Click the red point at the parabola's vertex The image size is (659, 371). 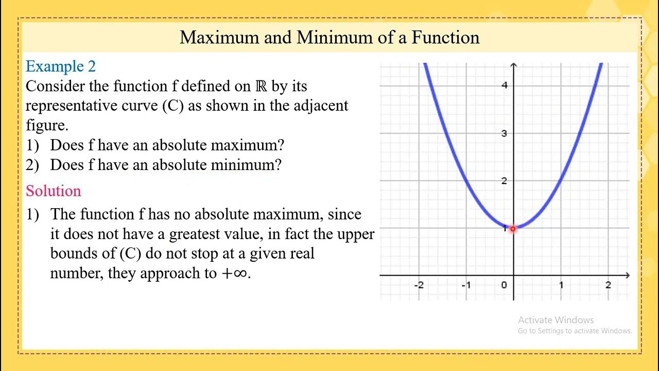click(513, 228)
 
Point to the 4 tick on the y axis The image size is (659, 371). click(505, 85)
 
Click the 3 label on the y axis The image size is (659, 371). click(505, 133)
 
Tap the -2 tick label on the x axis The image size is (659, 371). click(419, 285)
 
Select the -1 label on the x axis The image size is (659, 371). click(466, 285)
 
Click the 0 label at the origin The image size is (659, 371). click(504, 285)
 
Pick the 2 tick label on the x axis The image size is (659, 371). click(608, 285)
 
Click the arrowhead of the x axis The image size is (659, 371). click(626, 275)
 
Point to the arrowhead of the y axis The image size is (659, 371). click(514, 65)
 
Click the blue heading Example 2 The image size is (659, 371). click(61, 66)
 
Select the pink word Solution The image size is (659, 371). click(54, 191)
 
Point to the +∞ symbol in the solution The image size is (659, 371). click(234, 274)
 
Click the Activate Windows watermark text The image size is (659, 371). click(556, 320)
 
